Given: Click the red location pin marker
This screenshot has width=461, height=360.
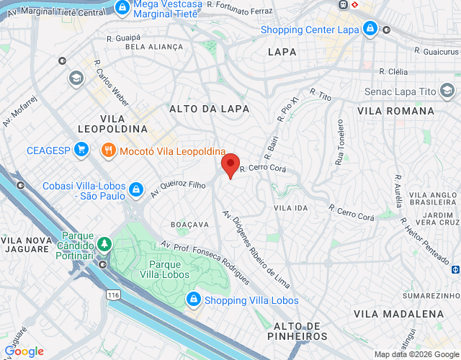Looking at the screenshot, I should (230, 165).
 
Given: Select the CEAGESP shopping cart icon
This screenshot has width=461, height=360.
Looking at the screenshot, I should (81, 150).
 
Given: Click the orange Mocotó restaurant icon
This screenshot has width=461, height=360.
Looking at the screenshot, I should (109, 150).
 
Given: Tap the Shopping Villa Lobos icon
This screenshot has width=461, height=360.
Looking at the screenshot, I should (194, 300).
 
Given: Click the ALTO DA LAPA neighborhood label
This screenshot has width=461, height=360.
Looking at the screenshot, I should (209, 109).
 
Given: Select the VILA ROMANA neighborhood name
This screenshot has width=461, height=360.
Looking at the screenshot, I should (395, 111).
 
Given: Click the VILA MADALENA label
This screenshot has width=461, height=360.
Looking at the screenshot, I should (398, 314).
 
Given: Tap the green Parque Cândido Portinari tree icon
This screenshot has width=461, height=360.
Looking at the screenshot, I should (104, 243).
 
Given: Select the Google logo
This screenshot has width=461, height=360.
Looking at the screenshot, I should (24, 351).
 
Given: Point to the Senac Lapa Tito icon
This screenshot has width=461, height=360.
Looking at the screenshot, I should (448, 91).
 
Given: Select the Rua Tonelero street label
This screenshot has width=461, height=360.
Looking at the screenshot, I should (339, 142).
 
